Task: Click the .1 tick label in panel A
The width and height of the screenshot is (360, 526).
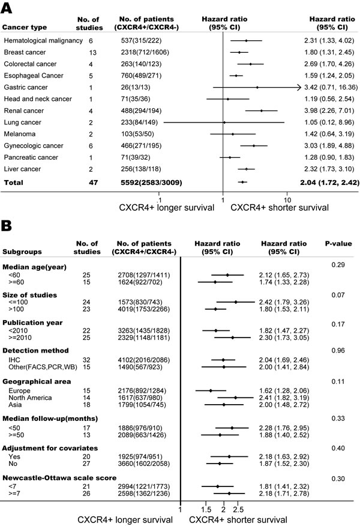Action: (x=159, y=199)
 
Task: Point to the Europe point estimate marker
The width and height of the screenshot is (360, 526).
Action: (x=211, y=390)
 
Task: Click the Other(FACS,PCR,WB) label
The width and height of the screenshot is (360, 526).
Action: (x=43, y=366)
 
